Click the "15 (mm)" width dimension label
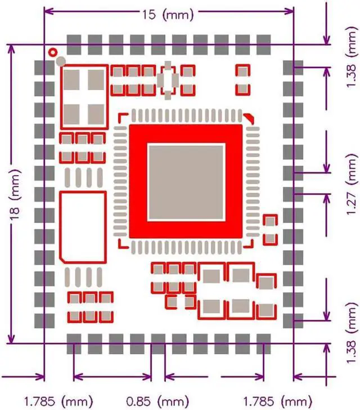click(168, 15)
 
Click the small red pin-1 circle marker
click(53, 52)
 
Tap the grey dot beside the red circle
click(61, 60)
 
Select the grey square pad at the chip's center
click(186, 181)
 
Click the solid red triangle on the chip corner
click(247, 118)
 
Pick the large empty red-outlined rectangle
click(83, 225)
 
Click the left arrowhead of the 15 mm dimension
click(47, 11)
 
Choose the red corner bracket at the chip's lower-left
click(121, 243)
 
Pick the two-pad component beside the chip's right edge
click(271, 229)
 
